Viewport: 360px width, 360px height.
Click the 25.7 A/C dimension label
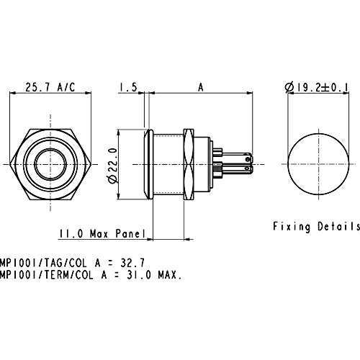tap(50, 87)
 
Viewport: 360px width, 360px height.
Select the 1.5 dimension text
tap(128, 87)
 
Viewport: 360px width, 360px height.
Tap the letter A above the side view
tap(201, 87)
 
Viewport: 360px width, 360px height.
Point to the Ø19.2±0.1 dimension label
tap(317, 87)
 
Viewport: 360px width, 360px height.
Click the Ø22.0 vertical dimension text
tap(113, 166)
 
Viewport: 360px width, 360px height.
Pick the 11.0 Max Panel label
tap(102, 233)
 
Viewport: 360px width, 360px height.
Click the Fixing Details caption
tap(317, 227)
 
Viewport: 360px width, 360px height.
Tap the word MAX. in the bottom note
tap(169, 275)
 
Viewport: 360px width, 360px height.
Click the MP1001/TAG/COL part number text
tap(43, 263)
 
